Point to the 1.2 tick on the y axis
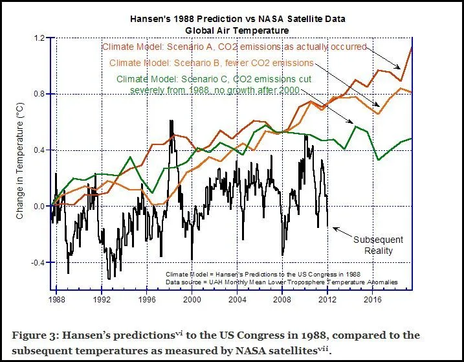coord(39,39)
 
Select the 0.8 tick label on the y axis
coord(39,95)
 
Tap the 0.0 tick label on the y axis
coord(39,207)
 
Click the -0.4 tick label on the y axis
coord(38,263)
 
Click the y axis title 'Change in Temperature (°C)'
coord(20,165)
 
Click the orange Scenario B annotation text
coord(212,63)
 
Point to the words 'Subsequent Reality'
coord(373,245)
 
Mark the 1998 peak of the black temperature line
coord(171,120)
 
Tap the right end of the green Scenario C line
coord(412,139)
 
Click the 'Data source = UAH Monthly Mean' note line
coord(281,282)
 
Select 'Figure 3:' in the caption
coord(36,335)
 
